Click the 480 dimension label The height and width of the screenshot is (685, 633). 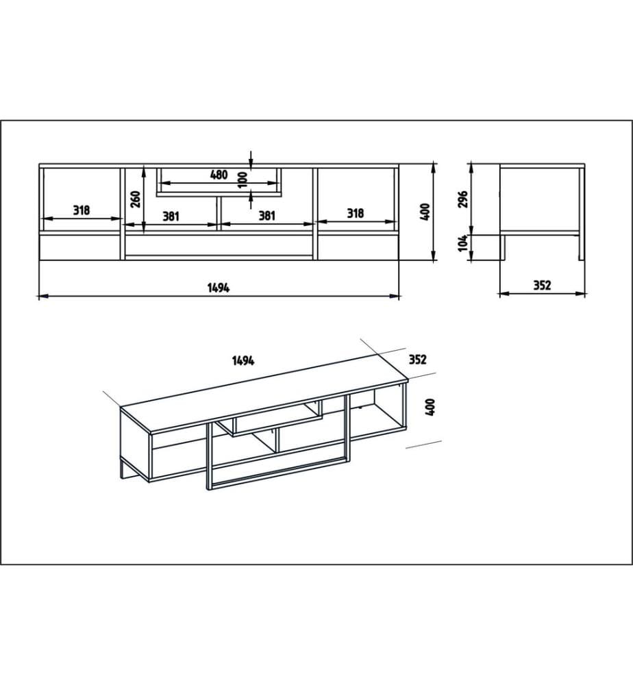219,175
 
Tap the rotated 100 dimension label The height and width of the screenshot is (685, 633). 243,180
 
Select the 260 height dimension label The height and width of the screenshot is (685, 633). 136,199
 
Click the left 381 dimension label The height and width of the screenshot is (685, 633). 171,216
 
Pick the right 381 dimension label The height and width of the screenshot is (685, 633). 267,215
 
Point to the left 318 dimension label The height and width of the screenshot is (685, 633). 82,210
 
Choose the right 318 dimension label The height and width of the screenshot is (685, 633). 355,213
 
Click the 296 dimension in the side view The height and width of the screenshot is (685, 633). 463,199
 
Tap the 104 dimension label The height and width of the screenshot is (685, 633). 463,243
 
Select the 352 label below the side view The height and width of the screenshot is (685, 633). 542,285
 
